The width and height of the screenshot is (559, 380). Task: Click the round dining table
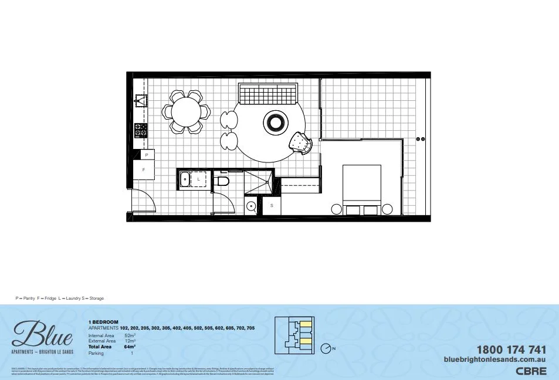(187, 111)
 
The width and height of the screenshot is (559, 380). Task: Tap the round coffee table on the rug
(276, 123)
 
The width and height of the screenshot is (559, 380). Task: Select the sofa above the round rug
(268, 93)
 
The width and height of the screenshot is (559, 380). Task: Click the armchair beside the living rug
(300, 142)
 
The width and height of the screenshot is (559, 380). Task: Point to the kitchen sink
(141, 100)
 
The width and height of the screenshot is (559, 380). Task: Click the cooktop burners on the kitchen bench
(141, 130)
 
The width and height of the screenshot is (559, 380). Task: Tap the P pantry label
(146, 155)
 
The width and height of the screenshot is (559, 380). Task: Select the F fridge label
(144, 170)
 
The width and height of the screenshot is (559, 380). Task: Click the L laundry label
(199, 178)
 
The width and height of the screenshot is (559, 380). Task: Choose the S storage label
(272, 206)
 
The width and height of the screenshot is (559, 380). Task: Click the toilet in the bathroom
(221, 181)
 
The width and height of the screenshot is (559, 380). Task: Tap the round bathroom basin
(251, 206)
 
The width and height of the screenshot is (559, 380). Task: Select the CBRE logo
(531, 371)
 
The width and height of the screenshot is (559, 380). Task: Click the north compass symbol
(326, 349)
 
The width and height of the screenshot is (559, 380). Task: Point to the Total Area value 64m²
(130, 347)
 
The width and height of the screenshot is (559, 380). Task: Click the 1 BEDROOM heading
(103, 322)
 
